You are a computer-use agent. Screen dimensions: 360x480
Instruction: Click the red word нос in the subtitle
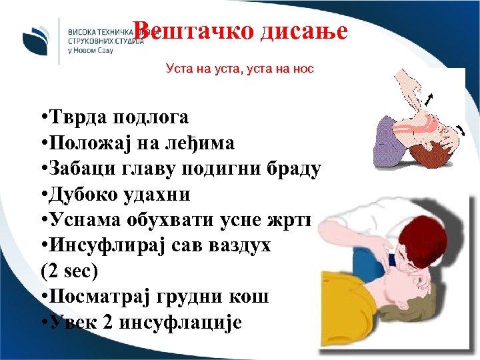[302, 68]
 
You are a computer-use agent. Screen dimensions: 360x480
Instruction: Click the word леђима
[204, 144]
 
